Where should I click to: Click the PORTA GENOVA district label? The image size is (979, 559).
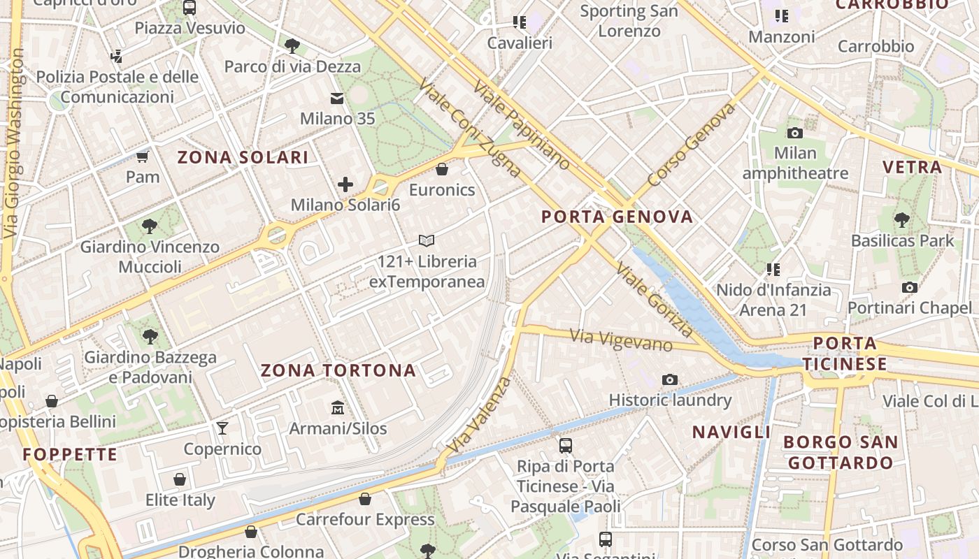pos(617,217)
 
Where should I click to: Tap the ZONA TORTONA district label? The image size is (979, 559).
pos(338,370)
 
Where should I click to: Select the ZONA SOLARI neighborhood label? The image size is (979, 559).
pos(243,157)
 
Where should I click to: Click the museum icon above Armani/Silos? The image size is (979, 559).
pos(338,407)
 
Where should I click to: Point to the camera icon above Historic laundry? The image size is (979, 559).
pos(670,379)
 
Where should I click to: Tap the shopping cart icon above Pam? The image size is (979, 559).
pos(143,157)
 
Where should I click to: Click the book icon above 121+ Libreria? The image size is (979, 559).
pos(427,241)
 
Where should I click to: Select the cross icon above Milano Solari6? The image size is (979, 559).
pos(345,184)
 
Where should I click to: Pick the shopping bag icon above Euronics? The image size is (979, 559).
pos(442,169)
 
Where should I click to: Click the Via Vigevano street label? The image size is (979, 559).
pos(621,340)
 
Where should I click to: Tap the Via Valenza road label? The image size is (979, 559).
pos(479,414)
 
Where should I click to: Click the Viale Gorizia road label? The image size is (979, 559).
pos(655,299)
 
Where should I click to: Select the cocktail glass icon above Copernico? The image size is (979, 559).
pos(222,428)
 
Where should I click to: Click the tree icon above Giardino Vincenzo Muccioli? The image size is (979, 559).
pos(150,226)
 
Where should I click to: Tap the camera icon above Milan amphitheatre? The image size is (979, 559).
pos(795,133)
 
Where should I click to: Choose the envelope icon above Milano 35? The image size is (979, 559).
pos(338,99)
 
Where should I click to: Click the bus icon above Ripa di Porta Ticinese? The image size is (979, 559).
pos(566,445)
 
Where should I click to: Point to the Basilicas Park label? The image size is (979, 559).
pos(902,240)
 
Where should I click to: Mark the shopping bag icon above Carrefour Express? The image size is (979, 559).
pos(365,499)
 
